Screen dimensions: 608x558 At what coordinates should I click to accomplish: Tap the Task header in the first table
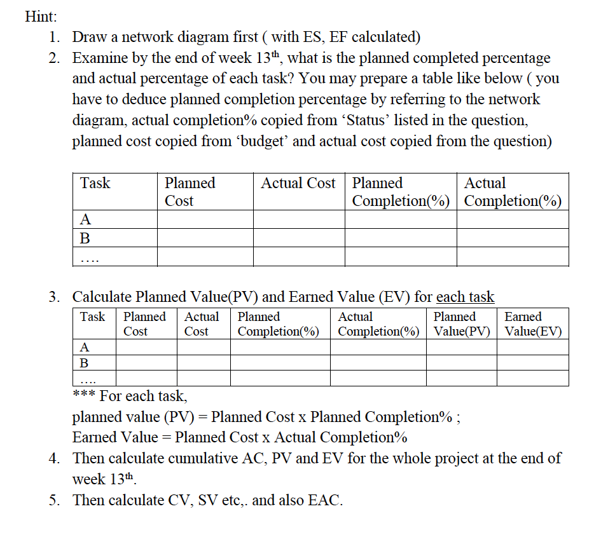click(x=95, y=184)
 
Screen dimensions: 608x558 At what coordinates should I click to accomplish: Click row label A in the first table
click(x=85, y=220)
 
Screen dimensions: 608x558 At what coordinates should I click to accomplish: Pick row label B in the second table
click(x=85, y=363)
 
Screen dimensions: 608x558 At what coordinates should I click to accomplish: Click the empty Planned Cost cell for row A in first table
click(x=205, y=220)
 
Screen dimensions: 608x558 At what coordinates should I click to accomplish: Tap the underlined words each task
click(x=465, y=297)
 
